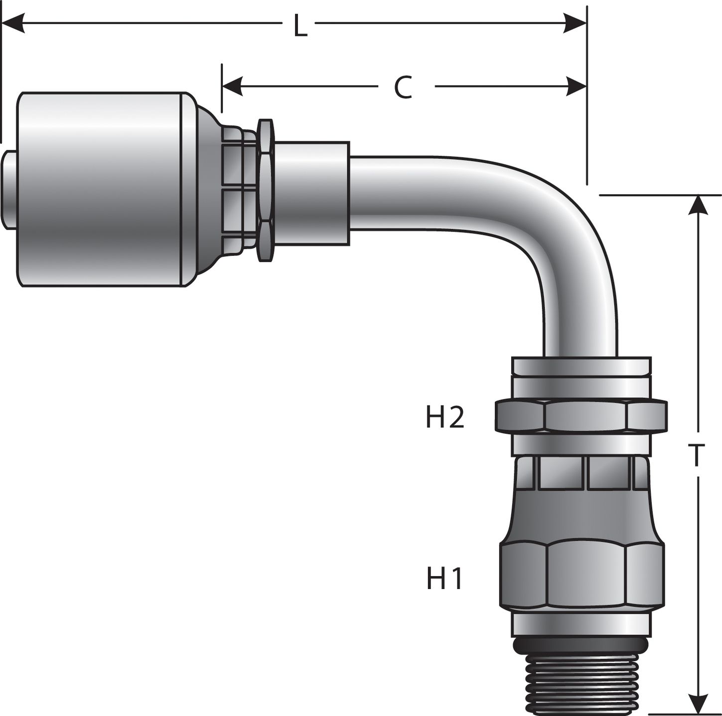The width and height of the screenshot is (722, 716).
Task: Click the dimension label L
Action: click(299, 26)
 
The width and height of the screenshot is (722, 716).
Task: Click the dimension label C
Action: click(403, 88)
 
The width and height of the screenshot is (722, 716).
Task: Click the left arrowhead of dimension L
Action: click(12, 23)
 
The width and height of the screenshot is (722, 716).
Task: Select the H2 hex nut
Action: click(580, 416)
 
